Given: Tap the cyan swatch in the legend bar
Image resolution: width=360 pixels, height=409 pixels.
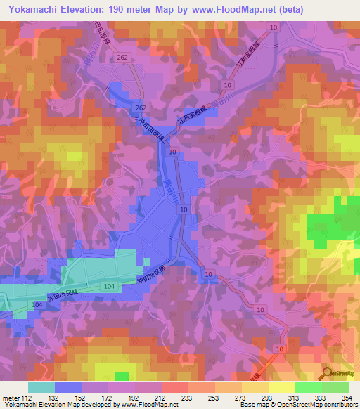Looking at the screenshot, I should (41, 387).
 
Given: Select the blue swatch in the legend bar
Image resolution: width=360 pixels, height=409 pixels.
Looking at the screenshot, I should (68, 387).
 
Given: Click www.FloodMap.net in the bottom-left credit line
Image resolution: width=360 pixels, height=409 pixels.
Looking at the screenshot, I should (135, 404).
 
